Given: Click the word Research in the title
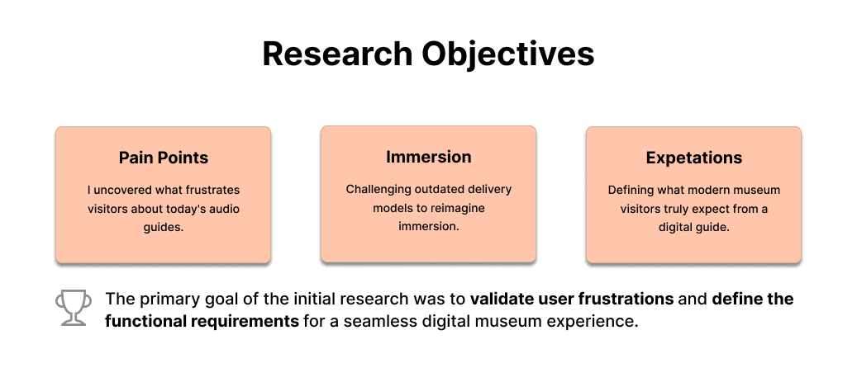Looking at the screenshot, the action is [x=336, y=54].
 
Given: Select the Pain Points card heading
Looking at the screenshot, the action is [x=163, y=157].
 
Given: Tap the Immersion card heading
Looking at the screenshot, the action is [x=428, y=157].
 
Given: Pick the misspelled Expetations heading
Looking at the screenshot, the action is [x=693, y=158].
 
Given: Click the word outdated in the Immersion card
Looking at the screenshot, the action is [x=439, y=189].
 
